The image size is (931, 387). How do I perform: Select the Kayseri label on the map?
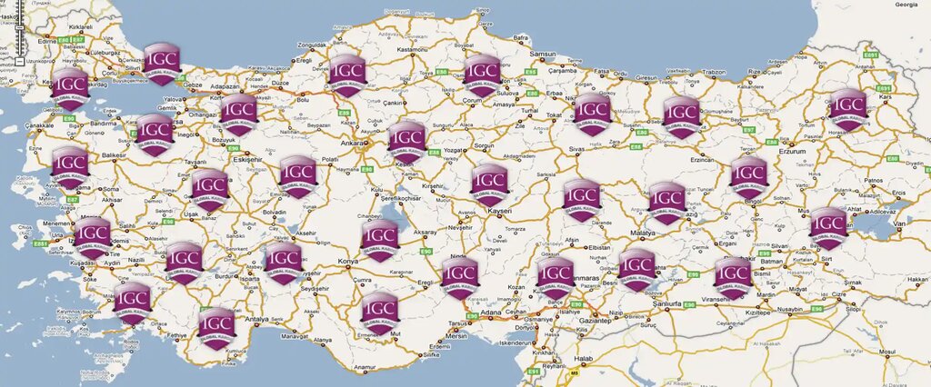tap(499, 210)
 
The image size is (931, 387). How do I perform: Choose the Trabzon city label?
tap(714, 72)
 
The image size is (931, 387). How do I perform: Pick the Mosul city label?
tap(887, 350)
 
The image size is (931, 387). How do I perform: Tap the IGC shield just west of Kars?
tap(847, 108)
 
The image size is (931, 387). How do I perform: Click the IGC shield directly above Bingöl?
tap(749, 175)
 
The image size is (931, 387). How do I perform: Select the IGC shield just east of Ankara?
tap(406, 140)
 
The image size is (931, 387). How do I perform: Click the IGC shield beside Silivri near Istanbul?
tap(162, 63)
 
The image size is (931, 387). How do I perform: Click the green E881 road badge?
tap(40, 243)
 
